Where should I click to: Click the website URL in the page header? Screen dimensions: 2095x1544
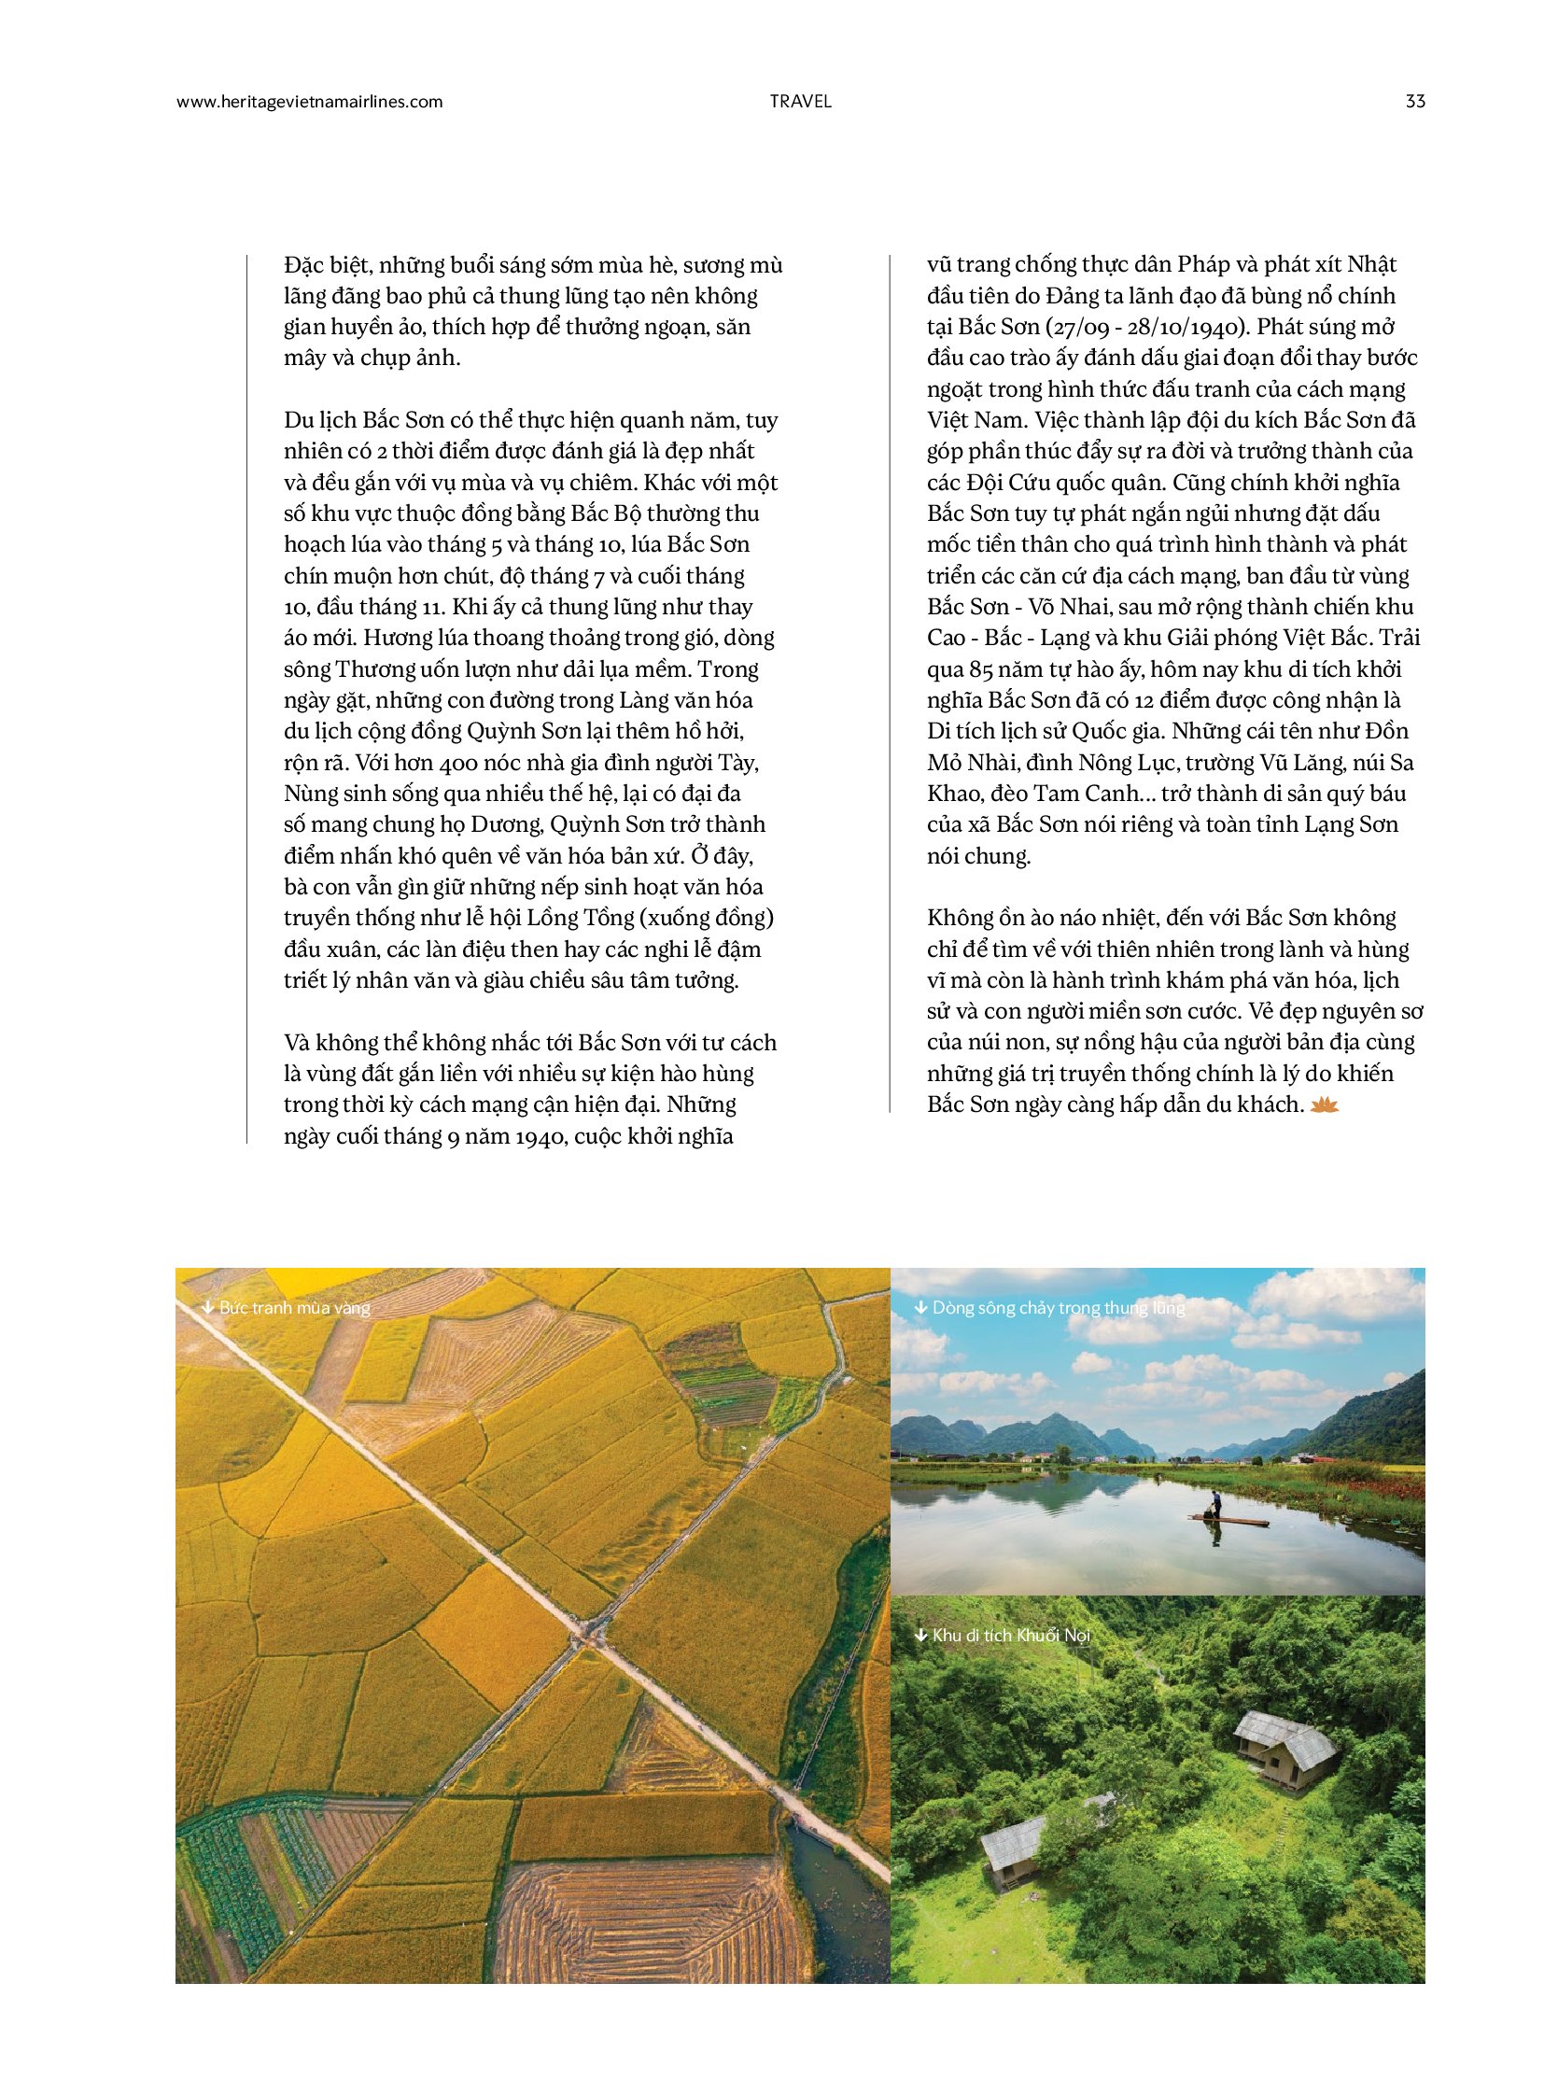pyautogui.click(x=309, y=102)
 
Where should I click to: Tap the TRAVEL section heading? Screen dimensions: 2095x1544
pyautogui.click(x=800, y=102)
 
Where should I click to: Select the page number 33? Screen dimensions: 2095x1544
pyautogui.click(x=1414, y=102)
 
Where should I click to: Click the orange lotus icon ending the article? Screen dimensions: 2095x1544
pyautogui.click(x=1325, y=1105)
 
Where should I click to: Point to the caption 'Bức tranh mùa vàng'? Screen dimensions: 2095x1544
pyautogui.click(x=293, y=1307)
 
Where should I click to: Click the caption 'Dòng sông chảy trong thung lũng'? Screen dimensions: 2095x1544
pyautogui.click(x=1058, y=1307)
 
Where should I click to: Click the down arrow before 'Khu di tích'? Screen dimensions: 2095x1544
pyautogui.click(x=919, y=1635)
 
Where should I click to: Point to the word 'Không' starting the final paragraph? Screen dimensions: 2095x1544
pyautogui.click(x=958, y=918)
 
